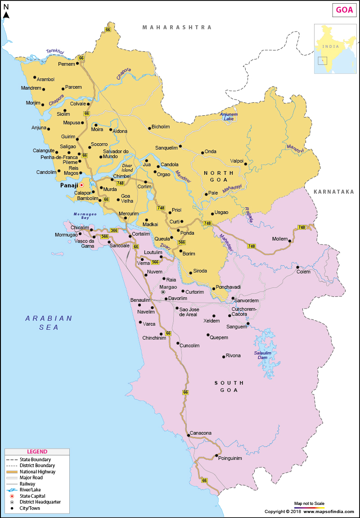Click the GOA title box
click(x=344, y=10)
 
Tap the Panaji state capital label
click(x=69, y=185)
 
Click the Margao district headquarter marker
click(x=163, y=292)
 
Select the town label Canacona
click(x=201, y=433)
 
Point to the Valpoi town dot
click(x=246, y=164)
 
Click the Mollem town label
click(x=279, y=239)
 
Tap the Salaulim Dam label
click(x=262, y=355)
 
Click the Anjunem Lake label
click(x=229, y=116)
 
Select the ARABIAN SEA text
click(x=49, y=323)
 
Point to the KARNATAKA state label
click(x=333, y=192)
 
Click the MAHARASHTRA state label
click(x=177, y=27)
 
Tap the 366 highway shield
click(x=114, y=230)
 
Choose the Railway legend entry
click(x=27, y=484)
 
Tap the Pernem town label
click(x=66, y=64)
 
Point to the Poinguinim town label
click(x=230, y=458)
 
